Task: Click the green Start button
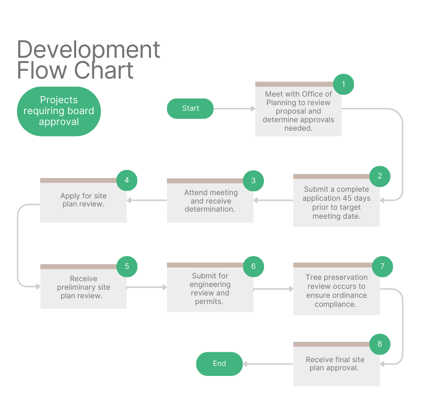pos(190,108)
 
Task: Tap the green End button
pos(219,364)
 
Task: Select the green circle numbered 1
pos(344,85)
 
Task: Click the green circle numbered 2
pos(379,176)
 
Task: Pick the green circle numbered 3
pos(253,180)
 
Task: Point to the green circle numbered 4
pos(127,180)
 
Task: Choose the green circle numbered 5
pos(127,267)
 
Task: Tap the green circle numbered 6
pos(253,267)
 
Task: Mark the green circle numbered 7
pos(382,267)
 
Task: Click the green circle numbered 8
pos(379,344)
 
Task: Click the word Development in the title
pos(88,50)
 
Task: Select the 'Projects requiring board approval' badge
pos(59,111)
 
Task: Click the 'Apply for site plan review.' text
pos(83,200)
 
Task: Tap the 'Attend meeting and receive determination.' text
pos(210,201)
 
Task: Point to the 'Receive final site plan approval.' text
pos(335,364)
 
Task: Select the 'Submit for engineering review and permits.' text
pos(210,288)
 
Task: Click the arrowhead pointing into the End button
pos(246,364)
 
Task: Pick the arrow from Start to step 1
pos(234,108)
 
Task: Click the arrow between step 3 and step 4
pos(147,200)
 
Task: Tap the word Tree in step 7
pos(314,277)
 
